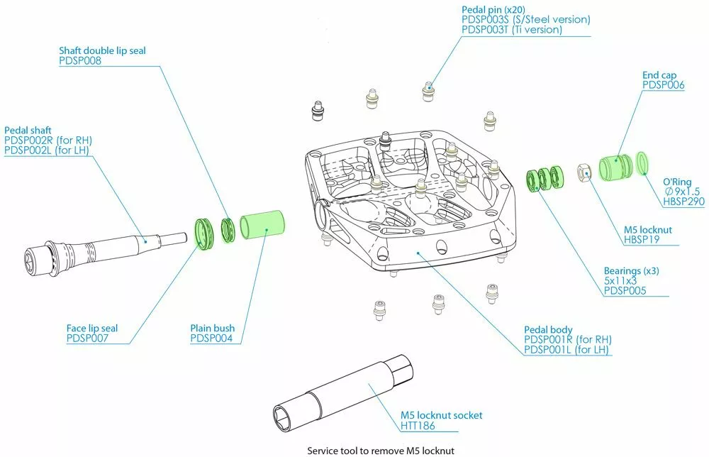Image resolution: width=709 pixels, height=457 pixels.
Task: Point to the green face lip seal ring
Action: (x=204, y=233)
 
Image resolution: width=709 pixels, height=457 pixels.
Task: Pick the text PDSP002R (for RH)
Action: (x=48, y=141)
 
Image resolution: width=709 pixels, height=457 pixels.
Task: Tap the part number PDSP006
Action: (x=663, y=85)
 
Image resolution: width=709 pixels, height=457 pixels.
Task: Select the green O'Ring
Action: (x=644, y=162)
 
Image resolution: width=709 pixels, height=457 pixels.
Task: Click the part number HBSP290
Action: (x=683, y=202)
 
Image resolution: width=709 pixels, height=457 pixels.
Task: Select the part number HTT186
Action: (x=418, y=426)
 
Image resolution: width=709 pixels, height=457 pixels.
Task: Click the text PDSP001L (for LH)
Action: (x=567, y=350)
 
